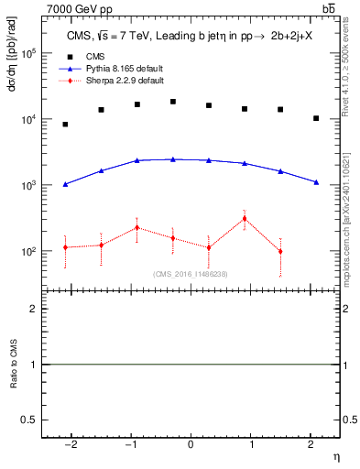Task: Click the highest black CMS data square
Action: pyautogui.click(x=172, y=102)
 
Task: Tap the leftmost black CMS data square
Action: pyautogui.click(x=65, y=125)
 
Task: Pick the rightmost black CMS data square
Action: pyautogui.click(x=316, y=118)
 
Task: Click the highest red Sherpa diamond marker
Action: pyautogui.click(x=245, y=218)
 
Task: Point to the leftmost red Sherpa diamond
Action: pyautogui.click(x=65, y=247)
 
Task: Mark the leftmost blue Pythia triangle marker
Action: pyautogui.click(x=65, y=184)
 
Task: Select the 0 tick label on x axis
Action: pyautogui.click(x=191, y=444)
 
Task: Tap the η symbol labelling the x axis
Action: pyautogui.click(x=335, y=455)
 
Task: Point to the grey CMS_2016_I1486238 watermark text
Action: pyautogui.click(x=191, y=274)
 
